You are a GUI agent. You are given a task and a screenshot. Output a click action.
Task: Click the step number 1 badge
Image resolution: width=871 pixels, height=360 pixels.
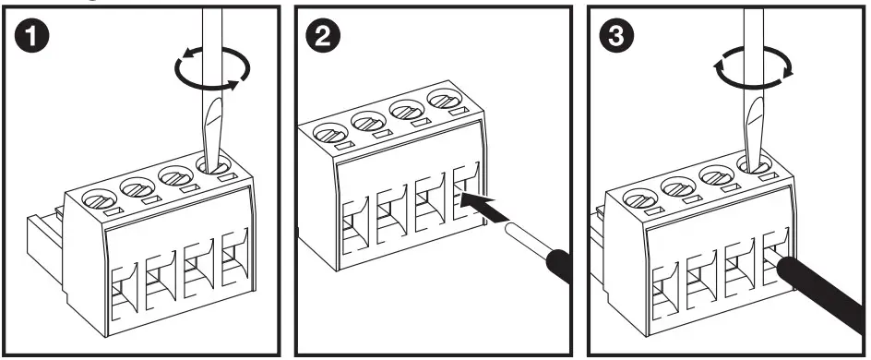pos(31,36)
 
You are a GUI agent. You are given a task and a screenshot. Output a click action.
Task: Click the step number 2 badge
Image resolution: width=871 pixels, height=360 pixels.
pos(323,36)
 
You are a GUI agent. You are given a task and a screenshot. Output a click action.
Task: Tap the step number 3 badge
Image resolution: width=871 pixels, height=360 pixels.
pos(616,36)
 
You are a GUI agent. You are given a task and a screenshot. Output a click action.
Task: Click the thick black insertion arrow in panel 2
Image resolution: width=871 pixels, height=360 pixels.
pos(485,207)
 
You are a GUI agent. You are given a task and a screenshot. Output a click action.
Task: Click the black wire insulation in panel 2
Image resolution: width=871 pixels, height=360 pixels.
pos(559,265)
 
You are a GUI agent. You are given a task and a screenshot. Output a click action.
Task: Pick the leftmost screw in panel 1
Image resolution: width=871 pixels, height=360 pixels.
pos(99,198)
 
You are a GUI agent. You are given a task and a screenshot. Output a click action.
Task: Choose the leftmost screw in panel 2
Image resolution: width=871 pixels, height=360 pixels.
pos(330,132)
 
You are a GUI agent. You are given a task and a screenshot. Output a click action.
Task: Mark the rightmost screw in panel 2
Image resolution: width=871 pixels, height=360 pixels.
pos(445,100)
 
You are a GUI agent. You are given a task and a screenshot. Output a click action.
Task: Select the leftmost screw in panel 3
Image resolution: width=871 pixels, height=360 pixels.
pos(640,198)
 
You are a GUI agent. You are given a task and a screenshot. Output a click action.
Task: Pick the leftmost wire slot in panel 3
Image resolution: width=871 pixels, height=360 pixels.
pos(665,292)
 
